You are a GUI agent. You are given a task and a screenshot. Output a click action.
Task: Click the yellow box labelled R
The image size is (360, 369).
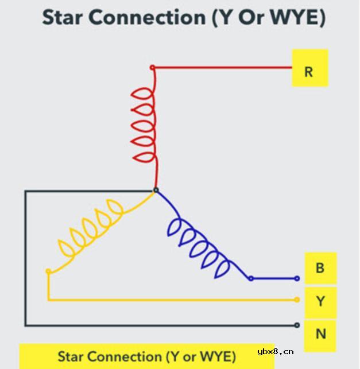pyautogui.click(x=310, y=68)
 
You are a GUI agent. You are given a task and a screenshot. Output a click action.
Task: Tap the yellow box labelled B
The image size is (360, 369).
pyautogui.click(x=321, y=268)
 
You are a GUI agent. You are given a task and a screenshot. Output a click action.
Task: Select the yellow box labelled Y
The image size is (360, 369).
pyautogui.click(x=321, y=302)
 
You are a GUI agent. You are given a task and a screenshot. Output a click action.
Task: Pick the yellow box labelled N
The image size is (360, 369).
pyautogui.click(x=320, y=336)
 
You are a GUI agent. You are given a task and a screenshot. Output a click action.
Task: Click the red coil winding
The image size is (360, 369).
pyautogui.click(x=154, y=125)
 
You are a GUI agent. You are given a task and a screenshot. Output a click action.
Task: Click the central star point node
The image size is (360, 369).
pyautogui.click(x=156, y=190)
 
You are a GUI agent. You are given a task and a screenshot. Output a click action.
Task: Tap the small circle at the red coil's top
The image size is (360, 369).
pyautogui.click(x=152, y=68)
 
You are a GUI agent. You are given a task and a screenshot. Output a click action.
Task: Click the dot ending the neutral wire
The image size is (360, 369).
pyautogui.click(x=297, y=325)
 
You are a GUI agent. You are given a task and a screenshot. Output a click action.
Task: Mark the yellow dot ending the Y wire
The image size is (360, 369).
pyautogui.click(x=297, y=300)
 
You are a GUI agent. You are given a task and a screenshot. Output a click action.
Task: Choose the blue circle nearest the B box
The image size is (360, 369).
pyautogui.click(x=297, y=279)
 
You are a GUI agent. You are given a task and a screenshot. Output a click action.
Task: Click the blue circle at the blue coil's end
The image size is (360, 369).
pyautogui.click(x=251, y=279)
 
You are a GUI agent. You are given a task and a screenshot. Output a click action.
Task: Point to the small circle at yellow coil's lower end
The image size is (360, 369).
pyautogui.click(x=48, y=271)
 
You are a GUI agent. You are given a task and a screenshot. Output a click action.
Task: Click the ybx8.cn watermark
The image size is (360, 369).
pyautogui.click(x=276, y=352)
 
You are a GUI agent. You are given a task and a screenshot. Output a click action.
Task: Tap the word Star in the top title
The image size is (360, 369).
pyautogui.click(x=62, y=17)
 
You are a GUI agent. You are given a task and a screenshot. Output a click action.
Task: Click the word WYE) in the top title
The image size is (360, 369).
pyautogui.click(x=298, y=17)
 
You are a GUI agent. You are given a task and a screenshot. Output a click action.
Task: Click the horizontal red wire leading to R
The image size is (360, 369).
pyautogui.click(x=223, y=68)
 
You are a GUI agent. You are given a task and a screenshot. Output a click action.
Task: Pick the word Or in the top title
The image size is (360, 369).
pyautogui.click(x=252, y=17)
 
